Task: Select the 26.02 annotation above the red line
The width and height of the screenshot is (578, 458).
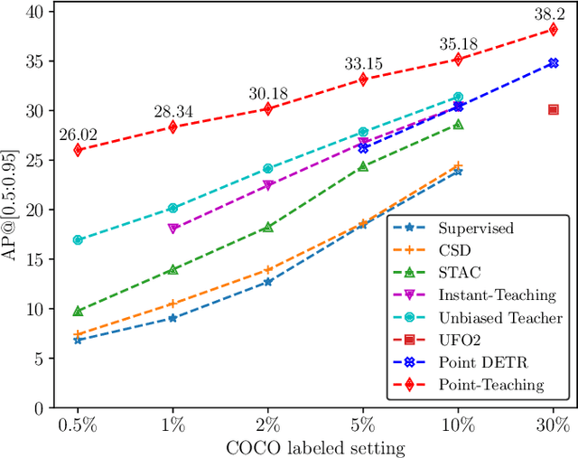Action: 77,135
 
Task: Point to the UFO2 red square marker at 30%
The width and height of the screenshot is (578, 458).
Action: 553,109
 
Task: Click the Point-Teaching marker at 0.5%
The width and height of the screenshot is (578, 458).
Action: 78,150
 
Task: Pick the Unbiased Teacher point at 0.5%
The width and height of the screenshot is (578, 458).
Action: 78,240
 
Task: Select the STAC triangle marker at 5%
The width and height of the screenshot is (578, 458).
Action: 363,167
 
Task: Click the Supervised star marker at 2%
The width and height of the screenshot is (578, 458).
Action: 267,282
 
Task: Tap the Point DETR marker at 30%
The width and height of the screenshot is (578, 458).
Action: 553,63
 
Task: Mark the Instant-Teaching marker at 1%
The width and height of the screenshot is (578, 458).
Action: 173,229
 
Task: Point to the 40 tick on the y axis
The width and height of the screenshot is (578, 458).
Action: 35,12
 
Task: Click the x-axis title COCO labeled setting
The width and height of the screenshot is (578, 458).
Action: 315,445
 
